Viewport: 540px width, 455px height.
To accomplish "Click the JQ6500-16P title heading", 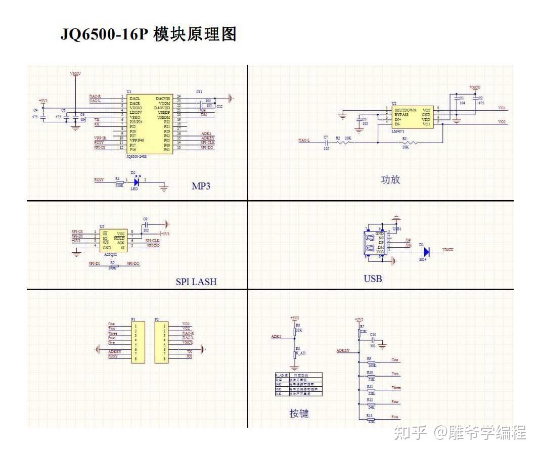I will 149,34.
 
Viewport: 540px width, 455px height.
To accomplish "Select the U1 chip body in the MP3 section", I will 149,123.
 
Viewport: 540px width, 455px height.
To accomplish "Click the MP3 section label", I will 201,186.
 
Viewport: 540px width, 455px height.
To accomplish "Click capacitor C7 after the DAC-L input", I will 326,143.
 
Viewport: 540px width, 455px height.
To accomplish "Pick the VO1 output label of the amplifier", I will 502,108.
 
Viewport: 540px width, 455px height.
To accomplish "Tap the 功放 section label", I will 390,179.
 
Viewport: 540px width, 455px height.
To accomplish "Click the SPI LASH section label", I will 196,282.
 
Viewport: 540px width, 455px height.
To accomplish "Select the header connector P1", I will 136,341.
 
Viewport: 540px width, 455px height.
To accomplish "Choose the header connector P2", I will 164,341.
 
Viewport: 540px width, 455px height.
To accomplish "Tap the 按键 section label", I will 299,413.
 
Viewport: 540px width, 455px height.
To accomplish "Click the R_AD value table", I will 298,385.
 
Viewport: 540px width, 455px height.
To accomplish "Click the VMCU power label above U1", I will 75,74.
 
